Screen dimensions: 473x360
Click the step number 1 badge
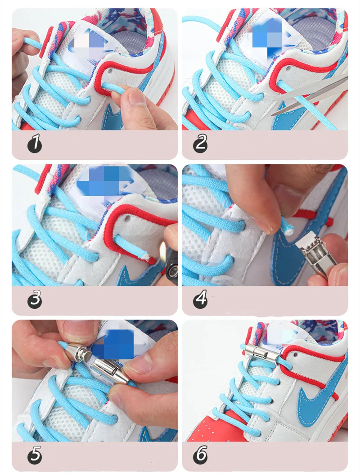click(x=34, y=144)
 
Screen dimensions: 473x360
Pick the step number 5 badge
click(x=34, y=456)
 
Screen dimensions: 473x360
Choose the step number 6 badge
click(x=200, y=456)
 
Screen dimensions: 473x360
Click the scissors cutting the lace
click(x=315, y=97)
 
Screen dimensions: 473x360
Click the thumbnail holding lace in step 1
click(x=135, y=96)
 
